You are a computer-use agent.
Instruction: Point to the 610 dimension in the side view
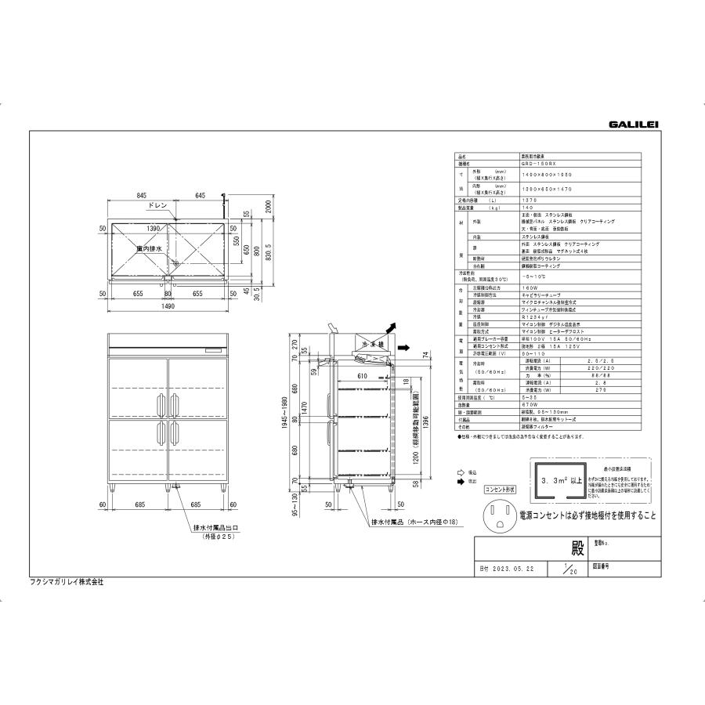pyautogui.click(x=361, y=376)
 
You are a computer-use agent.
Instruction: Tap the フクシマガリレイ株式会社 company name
pyautogui.click(x=72, y=583)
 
